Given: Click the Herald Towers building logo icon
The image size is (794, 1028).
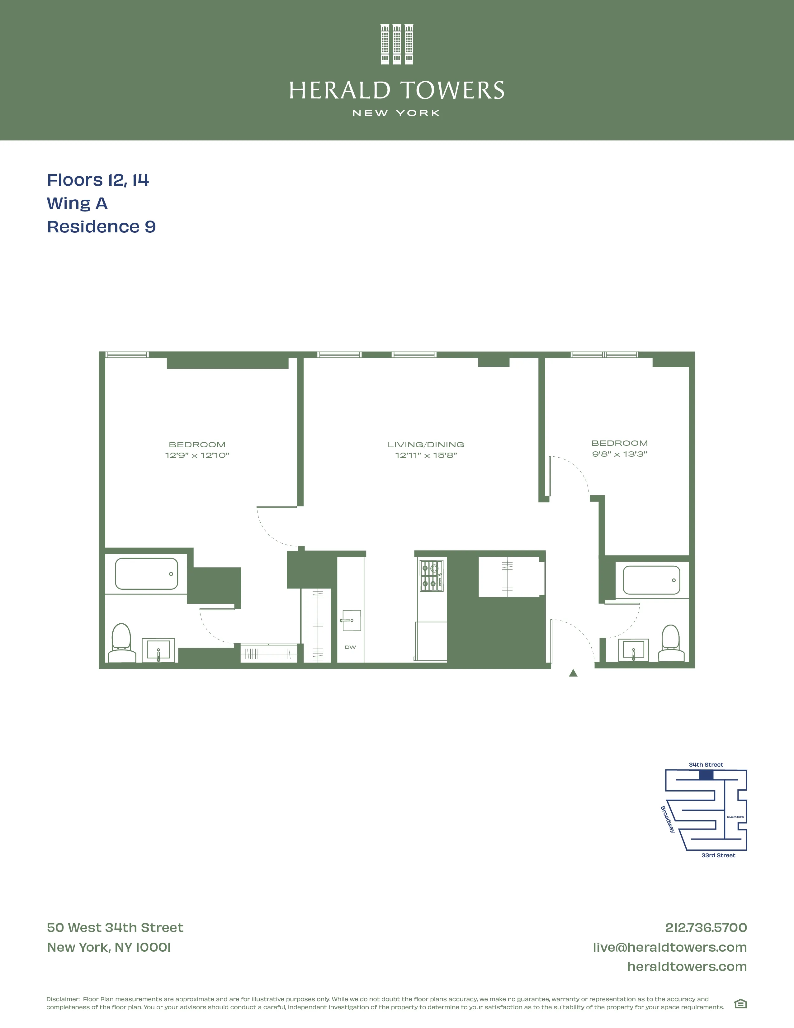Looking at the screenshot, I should (x=396, y=44).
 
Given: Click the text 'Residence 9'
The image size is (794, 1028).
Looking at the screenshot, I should (x=101, y=227).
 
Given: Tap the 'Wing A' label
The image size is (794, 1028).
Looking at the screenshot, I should (x=77, y=203).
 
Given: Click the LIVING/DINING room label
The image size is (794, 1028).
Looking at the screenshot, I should (x=426, y=444).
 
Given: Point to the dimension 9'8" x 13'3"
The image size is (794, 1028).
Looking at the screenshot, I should (x=620, y=454).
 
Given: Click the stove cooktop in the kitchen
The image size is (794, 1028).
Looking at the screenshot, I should (x=431, y=575).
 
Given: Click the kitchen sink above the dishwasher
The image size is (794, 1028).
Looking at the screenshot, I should (x=350, y=620).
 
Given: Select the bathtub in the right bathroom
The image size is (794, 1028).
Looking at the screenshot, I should (x=651, y=580).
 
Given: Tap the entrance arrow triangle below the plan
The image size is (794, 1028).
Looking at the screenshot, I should (x=573, y=673).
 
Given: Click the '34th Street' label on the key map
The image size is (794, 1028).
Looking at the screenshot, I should (x=706, y=765).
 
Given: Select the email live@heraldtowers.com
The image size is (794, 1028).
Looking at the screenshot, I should (x=669, y=947).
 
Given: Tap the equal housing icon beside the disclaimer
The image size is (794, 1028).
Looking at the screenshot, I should (x=740, y=1004).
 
